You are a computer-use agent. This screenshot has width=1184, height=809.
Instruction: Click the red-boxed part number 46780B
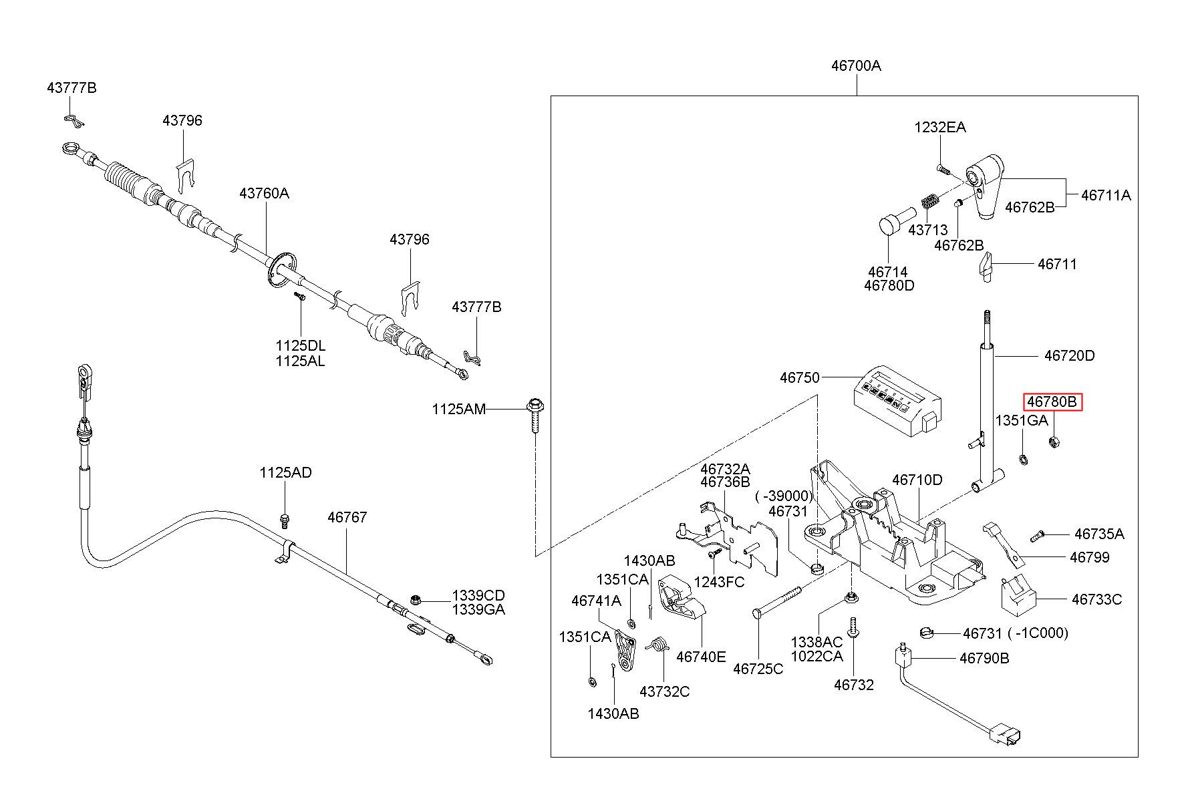[1052, 402]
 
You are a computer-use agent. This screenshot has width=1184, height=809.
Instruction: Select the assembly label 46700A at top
[856, 66]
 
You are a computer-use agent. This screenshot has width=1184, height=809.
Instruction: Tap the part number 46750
[799, 378]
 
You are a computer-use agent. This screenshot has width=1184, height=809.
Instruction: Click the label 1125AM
[458, 409]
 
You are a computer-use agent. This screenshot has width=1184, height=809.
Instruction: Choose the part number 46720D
[1069, 356]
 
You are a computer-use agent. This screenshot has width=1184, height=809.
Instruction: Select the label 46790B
[984, 658]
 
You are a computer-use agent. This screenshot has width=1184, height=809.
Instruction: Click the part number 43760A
[265, 194]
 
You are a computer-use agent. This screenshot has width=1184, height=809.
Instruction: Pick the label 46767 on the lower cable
[347, 517]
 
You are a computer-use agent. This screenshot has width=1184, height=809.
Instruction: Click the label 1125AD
[285, 473]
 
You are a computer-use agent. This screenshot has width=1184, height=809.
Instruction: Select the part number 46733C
[1096, 599]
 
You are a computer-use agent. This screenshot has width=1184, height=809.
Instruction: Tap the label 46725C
[758, 669]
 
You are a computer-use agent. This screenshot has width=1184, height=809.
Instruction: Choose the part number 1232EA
[940, 128]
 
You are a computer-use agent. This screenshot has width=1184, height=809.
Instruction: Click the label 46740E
[701, 657]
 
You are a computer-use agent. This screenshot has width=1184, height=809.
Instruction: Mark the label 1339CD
[478, 595]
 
